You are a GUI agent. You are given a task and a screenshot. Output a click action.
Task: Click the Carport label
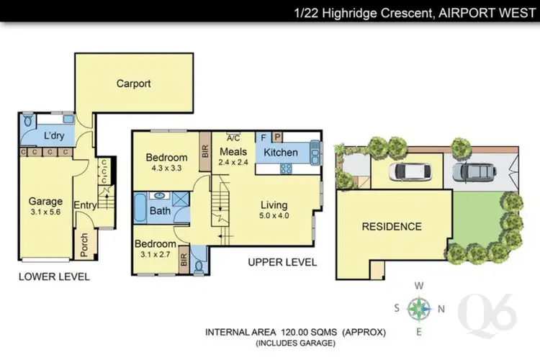click(134, 84)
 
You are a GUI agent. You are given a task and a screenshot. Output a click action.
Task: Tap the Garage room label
click(45, 202)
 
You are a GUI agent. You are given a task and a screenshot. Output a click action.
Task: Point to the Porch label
click(84, 245)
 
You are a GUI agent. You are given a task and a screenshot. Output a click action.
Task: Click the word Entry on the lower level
click(84, 205)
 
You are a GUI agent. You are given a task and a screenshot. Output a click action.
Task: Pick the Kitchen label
click(280, 153)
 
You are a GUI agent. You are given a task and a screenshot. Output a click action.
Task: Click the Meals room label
click(233, 152)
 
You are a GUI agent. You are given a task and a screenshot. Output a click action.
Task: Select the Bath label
click(160, 211)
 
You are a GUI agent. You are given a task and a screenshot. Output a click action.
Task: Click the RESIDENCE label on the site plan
click(391, 226)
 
